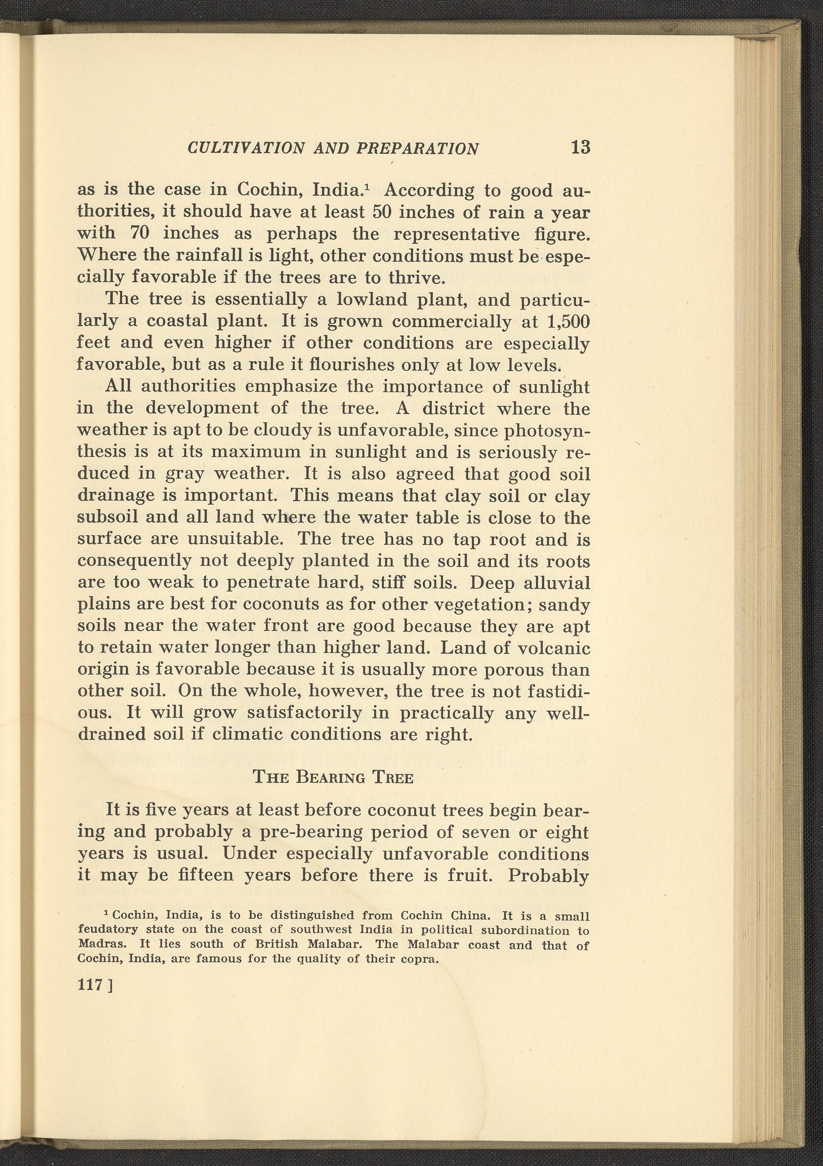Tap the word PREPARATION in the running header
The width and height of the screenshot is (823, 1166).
tap(418, 148)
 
